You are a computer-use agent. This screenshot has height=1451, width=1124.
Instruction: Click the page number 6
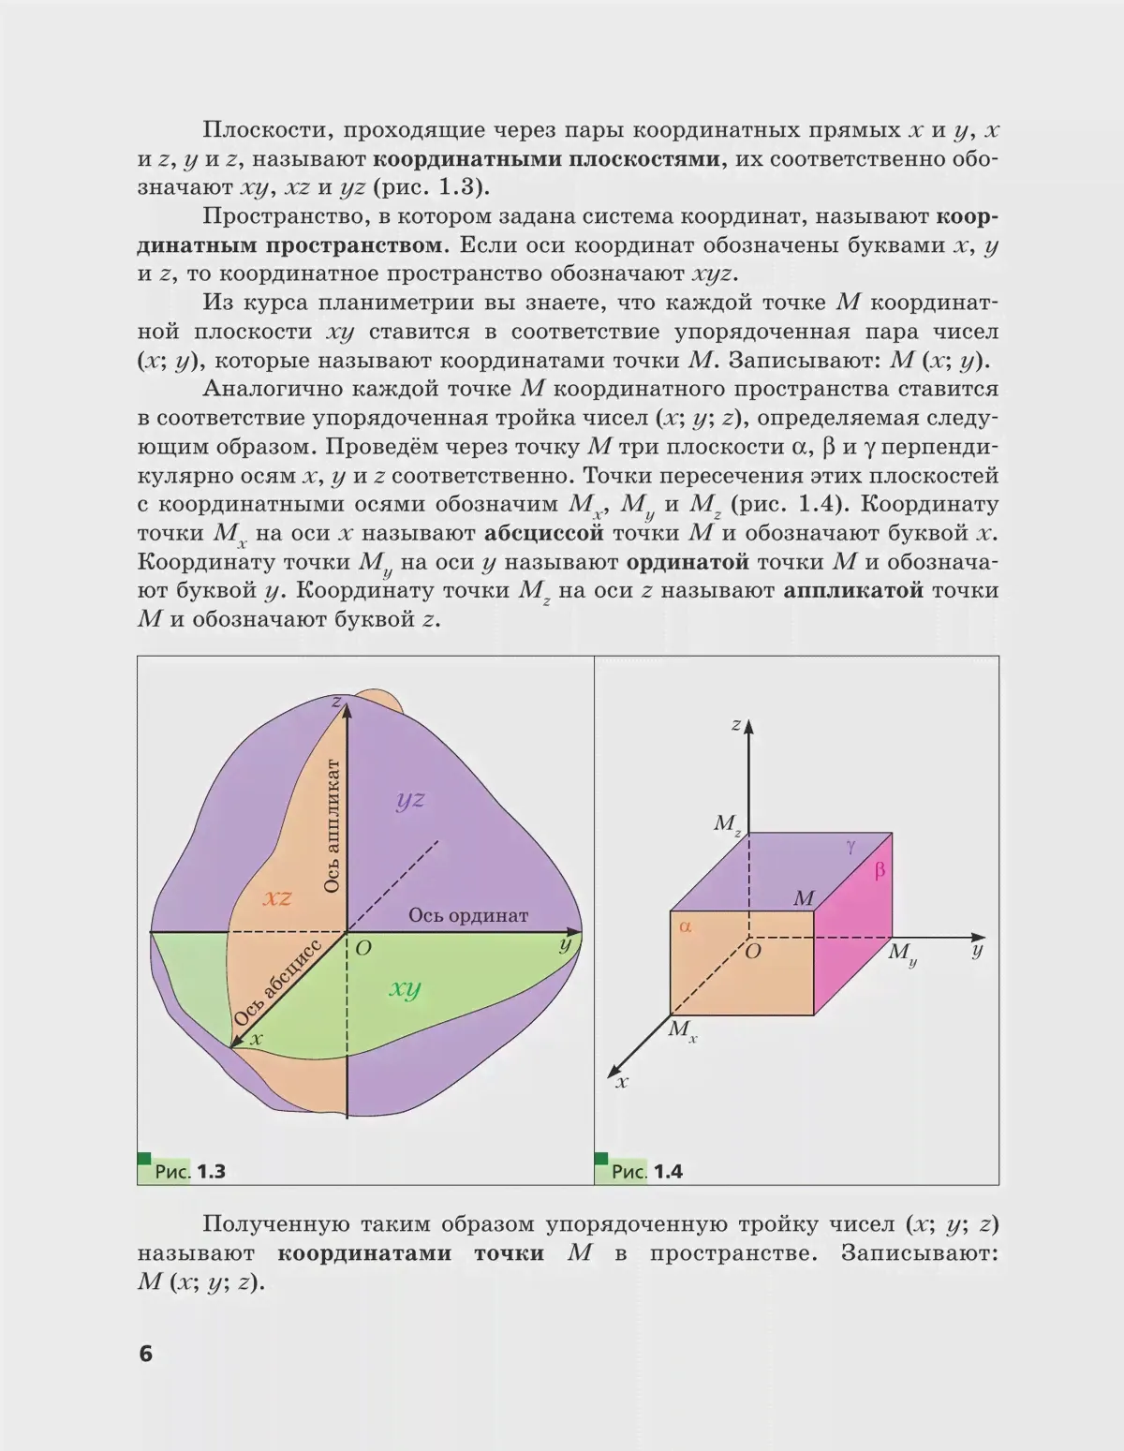145,1354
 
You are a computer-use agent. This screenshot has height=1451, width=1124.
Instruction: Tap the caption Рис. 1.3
190,1171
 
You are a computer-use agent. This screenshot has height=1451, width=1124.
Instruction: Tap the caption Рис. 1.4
646,1171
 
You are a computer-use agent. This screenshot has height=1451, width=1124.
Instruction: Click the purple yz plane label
410,799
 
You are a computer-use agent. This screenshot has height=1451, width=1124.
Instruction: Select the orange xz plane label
277,897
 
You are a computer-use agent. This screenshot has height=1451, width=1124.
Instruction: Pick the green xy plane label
405,988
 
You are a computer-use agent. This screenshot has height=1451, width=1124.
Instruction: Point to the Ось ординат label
467,915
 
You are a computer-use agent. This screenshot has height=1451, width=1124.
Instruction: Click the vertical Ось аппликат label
332,825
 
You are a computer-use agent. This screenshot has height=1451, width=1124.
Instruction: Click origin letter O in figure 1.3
363,949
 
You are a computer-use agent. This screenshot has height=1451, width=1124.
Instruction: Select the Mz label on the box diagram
728,824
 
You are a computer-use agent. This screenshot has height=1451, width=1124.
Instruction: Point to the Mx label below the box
682,1030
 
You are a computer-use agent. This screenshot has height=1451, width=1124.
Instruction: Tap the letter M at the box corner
804,899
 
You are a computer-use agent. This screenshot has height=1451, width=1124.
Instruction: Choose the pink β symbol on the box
880,870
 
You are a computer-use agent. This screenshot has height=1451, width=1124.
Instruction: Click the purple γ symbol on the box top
850,847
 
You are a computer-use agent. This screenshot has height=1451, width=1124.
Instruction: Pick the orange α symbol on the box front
685,926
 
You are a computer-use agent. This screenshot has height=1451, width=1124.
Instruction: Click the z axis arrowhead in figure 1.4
748,727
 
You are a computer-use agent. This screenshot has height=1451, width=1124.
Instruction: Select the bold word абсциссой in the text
543,533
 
